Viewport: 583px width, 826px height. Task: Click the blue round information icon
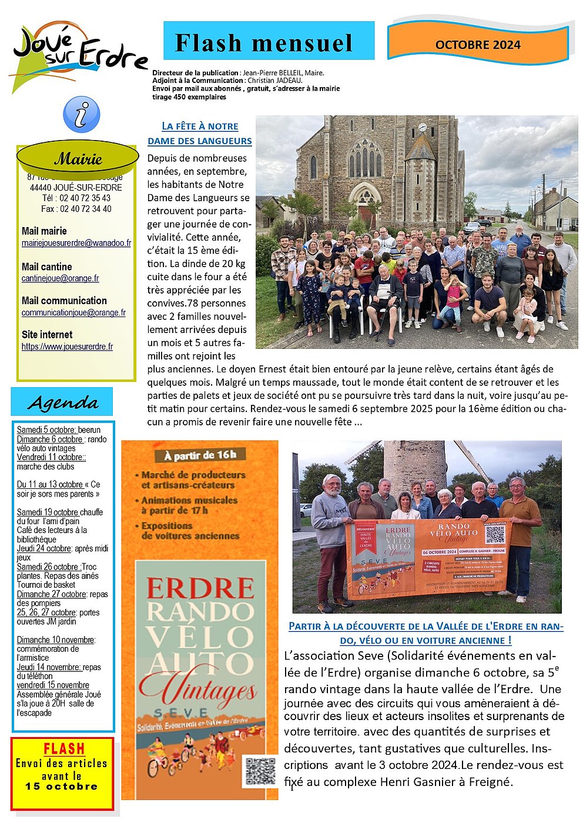tap(81, 115)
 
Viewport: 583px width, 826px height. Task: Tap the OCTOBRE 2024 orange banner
tap(478, 45)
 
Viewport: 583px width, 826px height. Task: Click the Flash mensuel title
tap(264, 43)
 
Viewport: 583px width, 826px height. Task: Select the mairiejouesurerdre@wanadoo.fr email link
tap(76, 243)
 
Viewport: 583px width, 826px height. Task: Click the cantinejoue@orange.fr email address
tap(60, 278)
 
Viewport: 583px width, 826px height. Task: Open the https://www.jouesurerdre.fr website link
tap(67, 347)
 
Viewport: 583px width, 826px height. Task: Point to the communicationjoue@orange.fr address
tap(73, 312)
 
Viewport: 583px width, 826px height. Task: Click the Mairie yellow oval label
tap(78, 158)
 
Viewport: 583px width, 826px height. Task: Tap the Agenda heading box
tap(62, 403)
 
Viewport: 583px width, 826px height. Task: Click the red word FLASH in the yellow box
tap(64, 749)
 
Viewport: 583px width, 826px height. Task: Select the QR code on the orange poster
tap(260, 771)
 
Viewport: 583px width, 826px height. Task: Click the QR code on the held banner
tap(495, 534)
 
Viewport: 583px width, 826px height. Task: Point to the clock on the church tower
tap(422, 127)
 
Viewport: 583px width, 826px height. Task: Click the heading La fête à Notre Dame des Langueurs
tap(200, 134)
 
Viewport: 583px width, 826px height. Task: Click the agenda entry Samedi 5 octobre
tap(46, 430)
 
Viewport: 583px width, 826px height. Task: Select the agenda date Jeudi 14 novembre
tap(49, 667)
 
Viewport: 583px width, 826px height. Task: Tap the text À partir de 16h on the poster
tap(200, 455)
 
